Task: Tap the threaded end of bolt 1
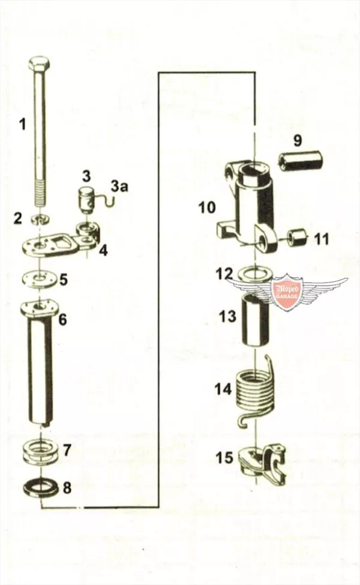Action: [x=41, y=193]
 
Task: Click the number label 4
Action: [x=103, y=251]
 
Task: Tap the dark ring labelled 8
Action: [x=40, y=487]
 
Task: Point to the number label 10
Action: [x=206, y=207]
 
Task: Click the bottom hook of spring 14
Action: [x=243, y=421]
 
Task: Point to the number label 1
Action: [x=23, y=124]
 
